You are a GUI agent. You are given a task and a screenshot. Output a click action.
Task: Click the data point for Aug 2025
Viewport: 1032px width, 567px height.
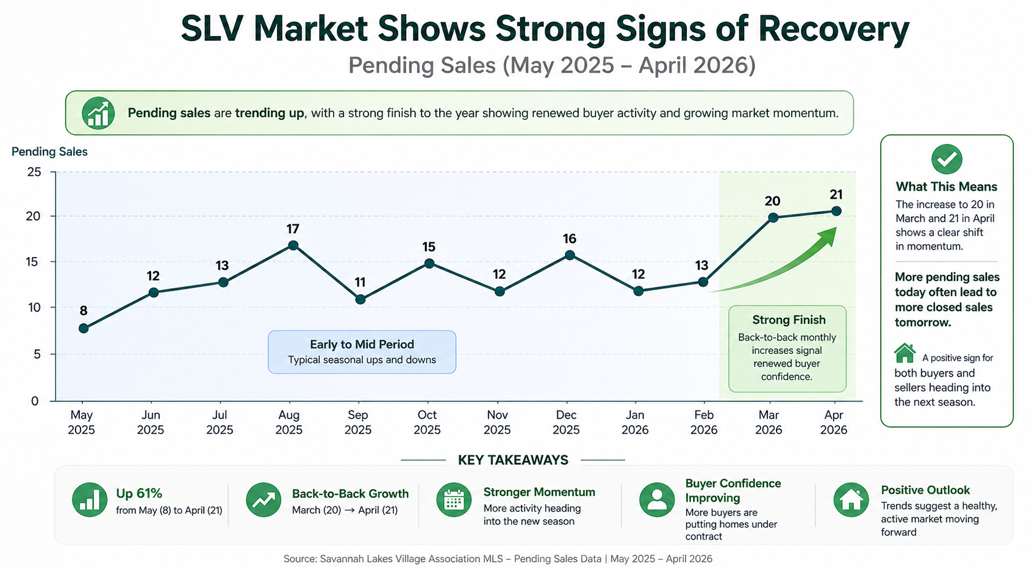(x=293, y=245)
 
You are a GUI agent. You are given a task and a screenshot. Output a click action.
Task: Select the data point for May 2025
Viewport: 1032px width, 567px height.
(x=84, y=328)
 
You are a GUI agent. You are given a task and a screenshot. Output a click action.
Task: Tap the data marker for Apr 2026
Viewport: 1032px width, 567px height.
(x=836, y=211)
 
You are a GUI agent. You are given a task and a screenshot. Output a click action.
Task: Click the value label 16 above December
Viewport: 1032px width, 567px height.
(x=569, y=239)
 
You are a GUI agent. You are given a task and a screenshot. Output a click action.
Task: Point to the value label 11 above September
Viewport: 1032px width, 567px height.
(x=360, y=283)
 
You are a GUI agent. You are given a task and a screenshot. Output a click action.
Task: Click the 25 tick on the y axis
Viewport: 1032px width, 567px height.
(x=34, y=172)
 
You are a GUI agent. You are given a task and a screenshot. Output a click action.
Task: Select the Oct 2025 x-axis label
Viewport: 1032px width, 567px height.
(x=427, y=422)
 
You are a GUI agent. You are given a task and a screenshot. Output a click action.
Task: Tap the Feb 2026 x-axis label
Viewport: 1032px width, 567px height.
(x=704, y=422)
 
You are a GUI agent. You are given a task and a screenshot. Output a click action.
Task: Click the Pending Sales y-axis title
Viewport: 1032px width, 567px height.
(x=49, y=152)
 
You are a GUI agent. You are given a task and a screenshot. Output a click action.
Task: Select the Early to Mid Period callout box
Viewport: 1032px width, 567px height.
(x=362, y=352)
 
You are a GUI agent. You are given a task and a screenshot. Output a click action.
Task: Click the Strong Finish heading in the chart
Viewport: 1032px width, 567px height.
(x=789, y=320)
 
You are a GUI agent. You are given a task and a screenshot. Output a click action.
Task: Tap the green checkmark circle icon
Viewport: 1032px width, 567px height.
(x=947, y=159)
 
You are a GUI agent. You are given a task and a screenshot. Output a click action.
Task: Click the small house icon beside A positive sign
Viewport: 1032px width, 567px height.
(x=905, y=353)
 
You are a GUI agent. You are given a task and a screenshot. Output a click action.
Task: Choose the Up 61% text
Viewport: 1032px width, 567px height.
(x=139, y=494)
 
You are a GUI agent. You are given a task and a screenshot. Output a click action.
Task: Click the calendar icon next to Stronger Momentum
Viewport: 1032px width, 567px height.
(x=454, y=500)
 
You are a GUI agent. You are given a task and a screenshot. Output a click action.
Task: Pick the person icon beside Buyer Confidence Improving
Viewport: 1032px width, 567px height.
(x=657, y=500)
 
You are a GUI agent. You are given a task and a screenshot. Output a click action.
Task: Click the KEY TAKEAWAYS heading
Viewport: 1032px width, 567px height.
(x=513, y=460)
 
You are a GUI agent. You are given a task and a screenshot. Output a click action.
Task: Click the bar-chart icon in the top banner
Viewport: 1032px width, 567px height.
(x=98, y=113)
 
